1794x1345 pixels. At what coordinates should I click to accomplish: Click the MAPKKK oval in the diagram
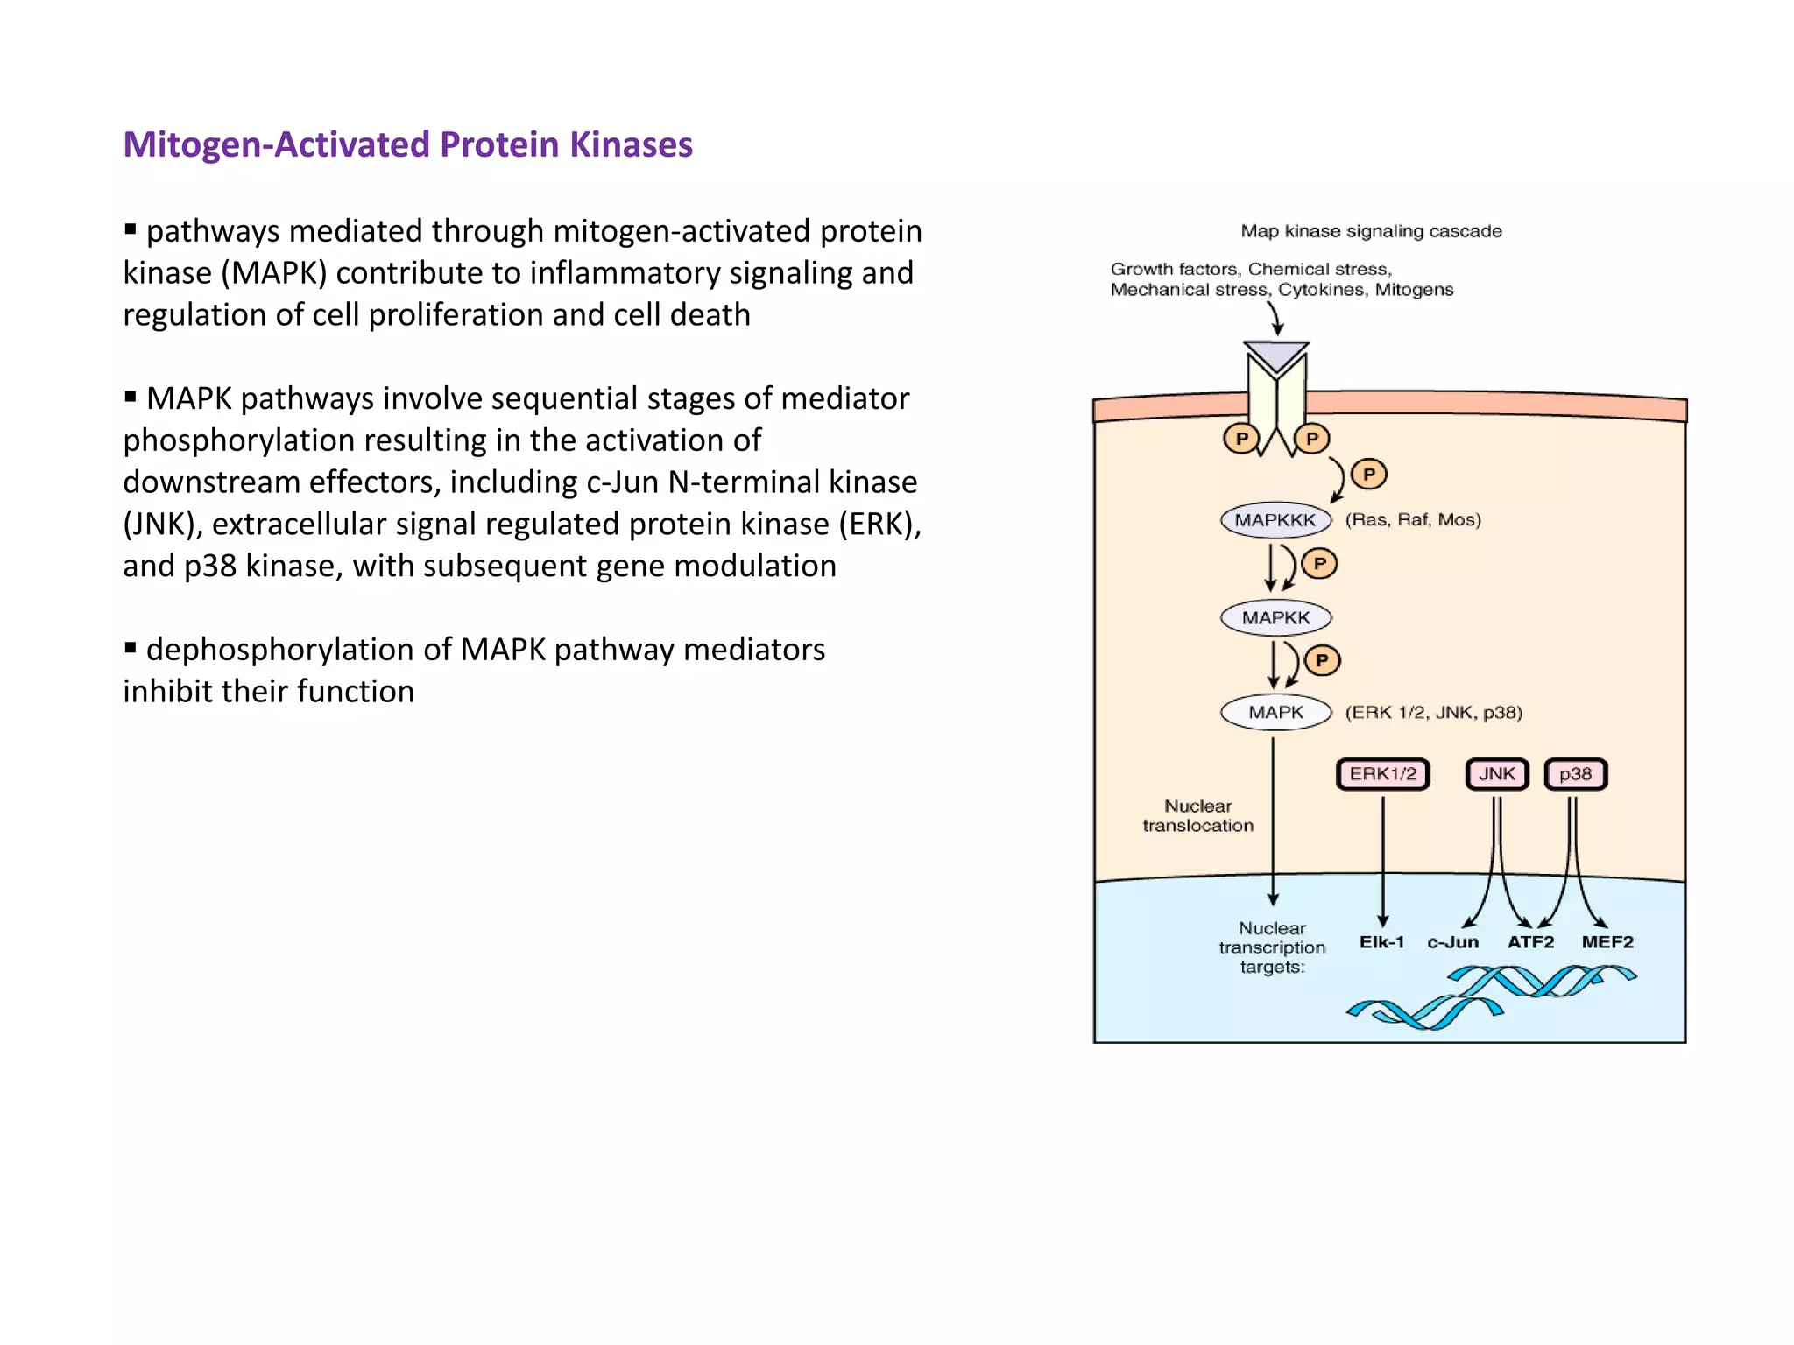(1275, 520)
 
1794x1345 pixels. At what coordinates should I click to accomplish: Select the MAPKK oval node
(1275, 618)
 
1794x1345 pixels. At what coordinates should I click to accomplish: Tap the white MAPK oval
(1275, 713)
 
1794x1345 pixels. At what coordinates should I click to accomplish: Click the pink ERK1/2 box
(1382, 774)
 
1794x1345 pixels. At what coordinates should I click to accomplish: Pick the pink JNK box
(1496, 774)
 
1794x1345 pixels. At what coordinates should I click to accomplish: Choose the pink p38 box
(1575, 774)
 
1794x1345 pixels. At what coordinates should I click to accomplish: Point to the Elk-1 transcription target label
(1381, 942)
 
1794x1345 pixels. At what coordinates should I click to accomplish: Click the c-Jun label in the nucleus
(1452, 942)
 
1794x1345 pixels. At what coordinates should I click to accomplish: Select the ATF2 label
(1530, 942)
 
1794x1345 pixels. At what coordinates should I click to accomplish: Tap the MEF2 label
(1607, 942)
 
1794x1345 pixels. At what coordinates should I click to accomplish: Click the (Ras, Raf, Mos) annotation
(1413, 520)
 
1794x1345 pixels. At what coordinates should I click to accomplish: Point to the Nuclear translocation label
(1197, 816)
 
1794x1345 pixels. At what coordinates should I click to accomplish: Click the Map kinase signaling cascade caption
(1371, 231)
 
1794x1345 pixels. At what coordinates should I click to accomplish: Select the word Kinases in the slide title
(631, 144)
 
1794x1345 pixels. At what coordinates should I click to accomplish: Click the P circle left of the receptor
(1241, 439)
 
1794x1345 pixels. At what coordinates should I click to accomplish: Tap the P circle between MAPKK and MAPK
(1322, 660)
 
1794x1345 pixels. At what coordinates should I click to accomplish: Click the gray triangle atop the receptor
(1276, 356)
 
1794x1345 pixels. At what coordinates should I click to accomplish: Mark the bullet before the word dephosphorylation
(131, 649)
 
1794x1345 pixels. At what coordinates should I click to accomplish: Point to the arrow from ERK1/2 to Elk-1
(1383, 858)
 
